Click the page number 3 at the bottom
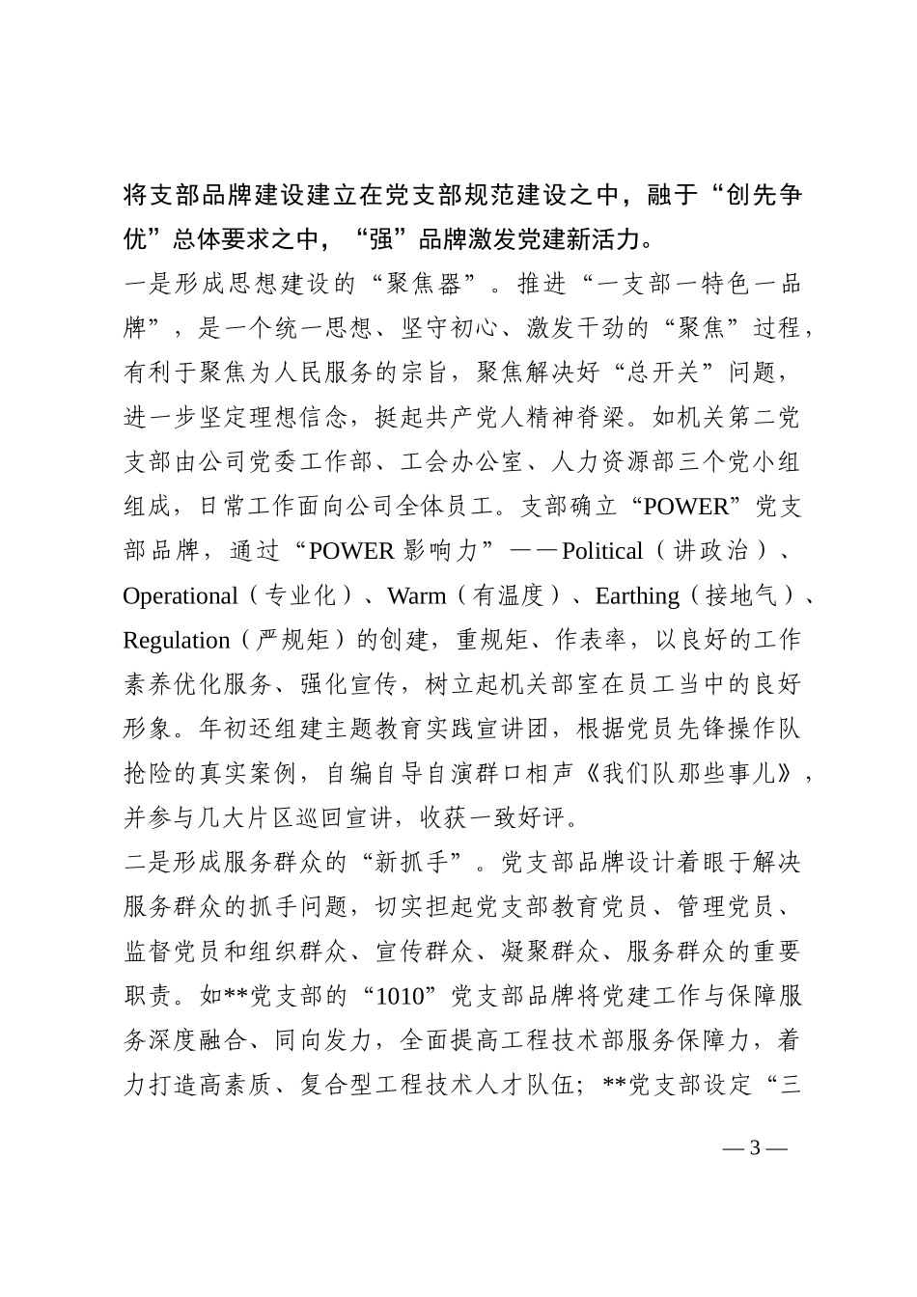[x=755, y=1147]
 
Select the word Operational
[x=180, y=595]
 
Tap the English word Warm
[x=417, y=595]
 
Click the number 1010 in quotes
[x=399, y=996]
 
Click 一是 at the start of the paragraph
[x=149, y=285]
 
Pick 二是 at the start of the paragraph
[x=149, y=863]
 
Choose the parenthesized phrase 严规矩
[x=281, y=640]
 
